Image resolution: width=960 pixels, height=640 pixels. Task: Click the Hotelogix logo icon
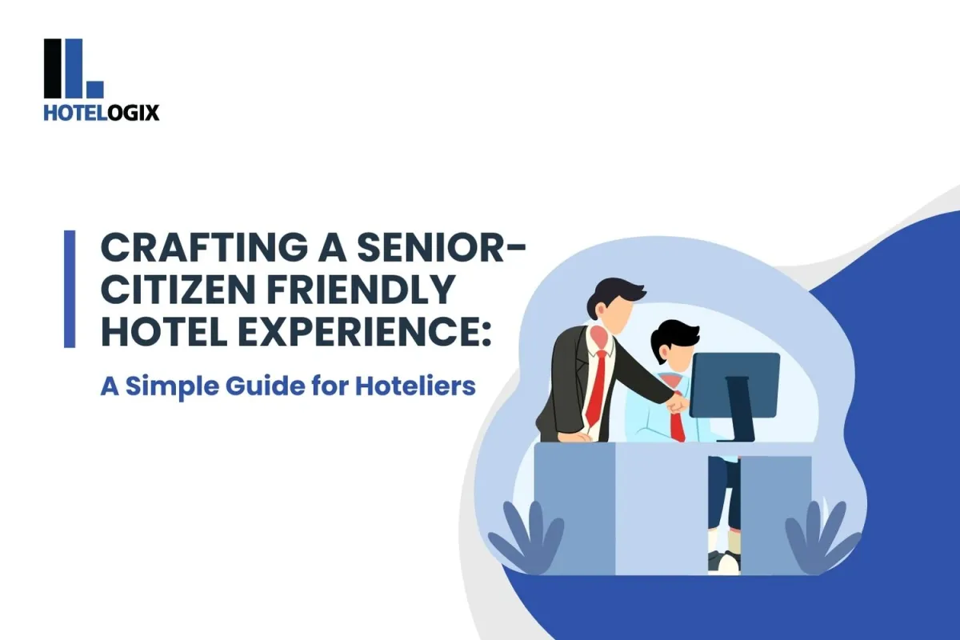coord(74,69)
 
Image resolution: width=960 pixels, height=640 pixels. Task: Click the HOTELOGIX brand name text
coord(102,113)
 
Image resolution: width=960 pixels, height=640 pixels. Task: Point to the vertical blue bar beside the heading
coord(70,288)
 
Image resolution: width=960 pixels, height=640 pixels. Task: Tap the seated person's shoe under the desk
coord(726,560)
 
